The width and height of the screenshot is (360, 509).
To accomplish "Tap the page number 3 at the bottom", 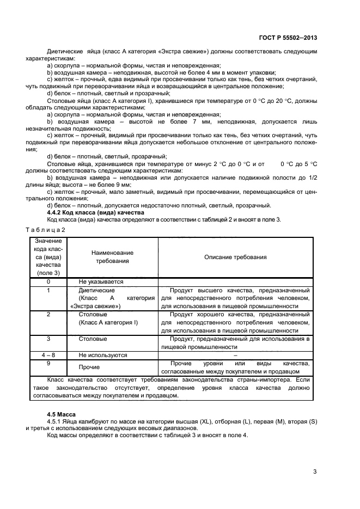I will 315,471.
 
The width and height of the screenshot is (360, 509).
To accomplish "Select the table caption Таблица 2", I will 48,229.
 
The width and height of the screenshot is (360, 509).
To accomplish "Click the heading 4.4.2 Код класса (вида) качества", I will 95,212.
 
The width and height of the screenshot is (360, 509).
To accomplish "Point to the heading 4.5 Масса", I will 61,414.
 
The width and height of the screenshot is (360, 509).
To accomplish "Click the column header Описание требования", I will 235,257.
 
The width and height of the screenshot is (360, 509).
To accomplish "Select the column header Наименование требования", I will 112,257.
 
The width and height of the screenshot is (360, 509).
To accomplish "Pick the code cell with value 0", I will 48,281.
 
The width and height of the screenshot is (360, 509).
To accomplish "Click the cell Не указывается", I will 101,281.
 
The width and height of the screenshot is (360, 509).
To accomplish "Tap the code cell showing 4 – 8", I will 48,355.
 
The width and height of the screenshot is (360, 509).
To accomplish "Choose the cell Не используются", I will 103,355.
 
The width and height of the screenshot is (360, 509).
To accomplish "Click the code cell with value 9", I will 48,363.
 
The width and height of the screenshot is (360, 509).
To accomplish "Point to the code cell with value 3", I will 48,339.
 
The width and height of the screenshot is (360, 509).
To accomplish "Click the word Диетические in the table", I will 96,290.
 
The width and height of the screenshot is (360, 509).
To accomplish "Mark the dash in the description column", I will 235,355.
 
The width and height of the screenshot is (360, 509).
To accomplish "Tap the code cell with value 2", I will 48,314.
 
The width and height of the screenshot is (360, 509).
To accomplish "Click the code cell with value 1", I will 48,290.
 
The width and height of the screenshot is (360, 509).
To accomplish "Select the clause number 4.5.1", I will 56,422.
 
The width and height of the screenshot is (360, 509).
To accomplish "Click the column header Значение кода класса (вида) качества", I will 48,257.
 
